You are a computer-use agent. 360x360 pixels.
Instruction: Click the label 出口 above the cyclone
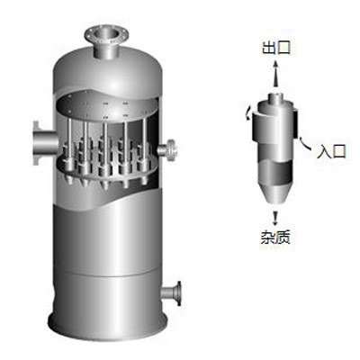click(276, 48)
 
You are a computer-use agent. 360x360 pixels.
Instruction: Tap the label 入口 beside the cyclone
click(332, 151)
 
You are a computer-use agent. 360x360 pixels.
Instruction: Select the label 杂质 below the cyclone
click(275, 237)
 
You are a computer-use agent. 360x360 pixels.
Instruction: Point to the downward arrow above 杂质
click(274, 218)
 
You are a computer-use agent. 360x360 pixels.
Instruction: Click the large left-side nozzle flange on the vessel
click(36, 143)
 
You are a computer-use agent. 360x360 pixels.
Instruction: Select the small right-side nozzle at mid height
click(168, 149)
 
